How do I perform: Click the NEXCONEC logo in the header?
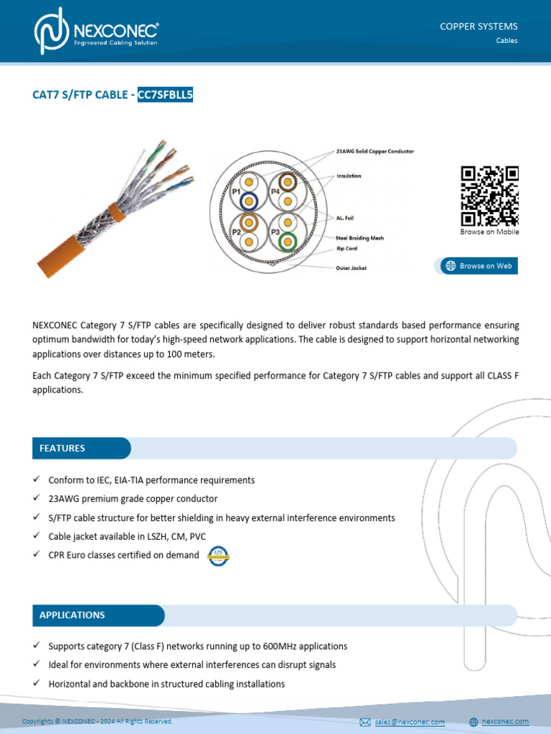[96, 32]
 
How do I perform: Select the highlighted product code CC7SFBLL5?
[166, 95]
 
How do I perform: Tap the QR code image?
[489, 196]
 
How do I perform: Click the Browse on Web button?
[479, 266]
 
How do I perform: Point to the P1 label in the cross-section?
[236, 192]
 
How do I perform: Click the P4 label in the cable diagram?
[275, 192]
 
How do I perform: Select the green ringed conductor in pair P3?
[288, 242]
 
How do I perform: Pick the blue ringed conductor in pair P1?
[250, 201]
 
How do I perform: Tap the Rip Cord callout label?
[348, 249]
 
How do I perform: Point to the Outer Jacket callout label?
[352, 268]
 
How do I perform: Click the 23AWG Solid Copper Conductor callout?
[375, 152]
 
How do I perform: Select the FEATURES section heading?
[62, 448]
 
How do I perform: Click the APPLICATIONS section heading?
[72, 615]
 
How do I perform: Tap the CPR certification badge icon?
[217, 556]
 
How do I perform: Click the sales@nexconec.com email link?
[409, 722]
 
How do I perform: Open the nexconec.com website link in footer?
[504, 721]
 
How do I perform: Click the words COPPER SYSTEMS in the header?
[479, 27]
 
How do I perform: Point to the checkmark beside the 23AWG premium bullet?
[37, 498]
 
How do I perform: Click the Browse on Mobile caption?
[489, 232]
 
